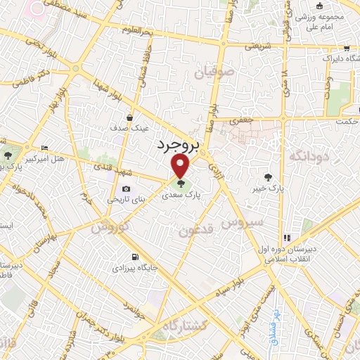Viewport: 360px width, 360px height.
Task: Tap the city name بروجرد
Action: pyautogui.click(x=176, y=144)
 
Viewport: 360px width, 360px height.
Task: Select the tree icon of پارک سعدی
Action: pyautogui.click(x=182, y=184)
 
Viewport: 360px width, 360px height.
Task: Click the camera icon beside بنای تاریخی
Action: pyautogui.click(x=126, y=188)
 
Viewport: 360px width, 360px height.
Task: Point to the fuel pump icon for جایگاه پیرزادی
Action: pyautogui.click(x=135, y=257)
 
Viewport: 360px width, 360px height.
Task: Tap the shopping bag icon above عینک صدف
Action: pyautogui.click(x=129, y=118)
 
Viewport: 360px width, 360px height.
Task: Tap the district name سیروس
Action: pyautogui.click(x=242, y=223)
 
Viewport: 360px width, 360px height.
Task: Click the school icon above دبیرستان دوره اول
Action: pyautogui.click(x=285, y=238)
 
